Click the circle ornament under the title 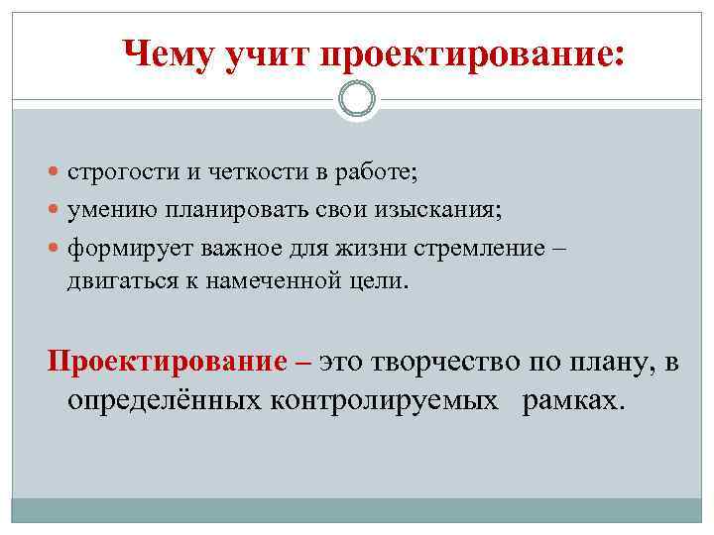point(357,99)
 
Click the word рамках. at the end point(575,400)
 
